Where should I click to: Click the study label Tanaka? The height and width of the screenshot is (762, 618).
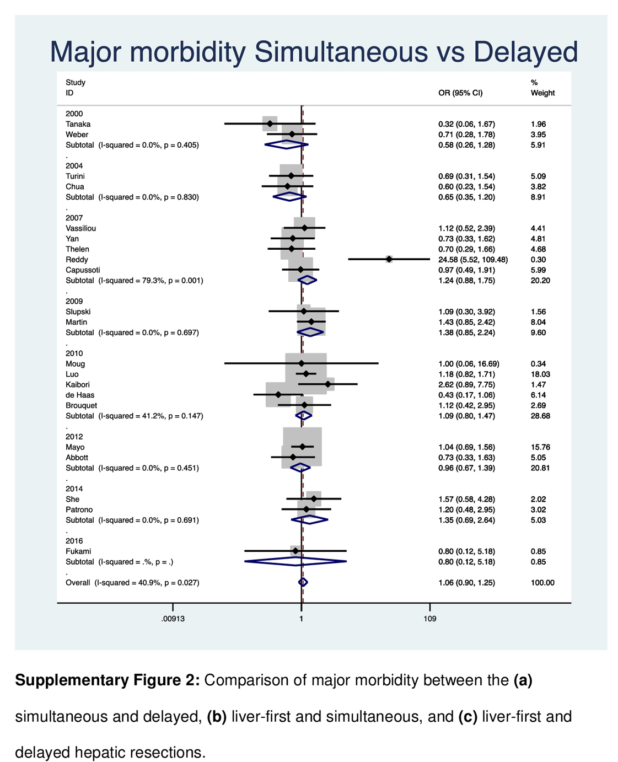pyautogui.click(x=78, y=124)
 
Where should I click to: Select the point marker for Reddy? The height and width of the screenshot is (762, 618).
pyautogui.click(x=389, y=259)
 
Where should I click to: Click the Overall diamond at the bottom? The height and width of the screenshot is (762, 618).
pyautogui.click(x=303, y=582)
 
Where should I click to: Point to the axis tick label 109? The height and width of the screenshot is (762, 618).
pyautogui.click(x=430, y=619)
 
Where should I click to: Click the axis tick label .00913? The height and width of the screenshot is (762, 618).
pyautogui.click(x=173, y=619)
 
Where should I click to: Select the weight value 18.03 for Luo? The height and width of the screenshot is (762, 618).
pyautogui.click(x=540, y=374)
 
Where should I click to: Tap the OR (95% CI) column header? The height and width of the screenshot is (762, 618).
pyautogui.click(x=460, y=93)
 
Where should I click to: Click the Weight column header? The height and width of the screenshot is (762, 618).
pyautogui.click(x=542, y=93)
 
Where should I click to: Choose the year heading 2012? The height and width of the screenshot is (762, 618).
pyautogui.click(x=74, y=437)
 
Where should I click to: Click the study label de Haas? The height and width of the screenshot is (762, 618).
pyautogui.click(x=80, y=395)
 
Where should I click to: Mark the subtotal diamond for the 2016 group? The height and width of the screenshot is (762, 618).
pyautogui.click(x=295, y=562)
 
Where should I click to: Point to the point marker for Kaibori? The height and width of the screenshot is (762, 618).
pyautogui.click(x=328, y=385)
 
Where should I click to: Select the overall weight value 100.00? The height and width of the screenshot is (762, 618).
pyautogui.click(x=542, y=583)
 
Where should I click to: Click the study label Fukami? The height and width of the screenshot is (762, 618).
pyautogui.click(x=78, y=551)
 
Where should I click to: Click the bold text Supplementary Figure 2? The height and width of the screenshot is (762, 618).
pyautogui.click(x=108, y=680)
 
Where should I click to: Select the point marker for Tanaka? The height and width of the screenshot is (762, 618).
pyautogui.click(x=270, y=124)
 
